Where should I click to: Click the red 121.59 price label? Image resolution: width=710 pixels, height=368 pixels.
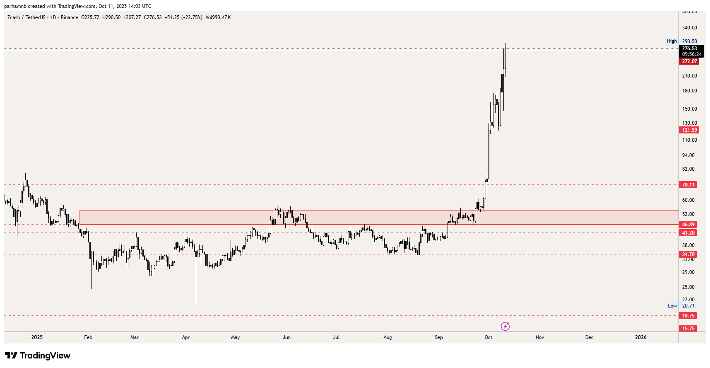(x=689, y=130)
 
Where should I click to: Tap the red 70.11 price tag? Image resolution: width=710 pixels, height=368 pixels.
(x=688, y=185)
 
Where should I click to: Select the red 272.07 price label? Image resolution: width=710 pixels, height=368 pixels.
(x=689, y=61)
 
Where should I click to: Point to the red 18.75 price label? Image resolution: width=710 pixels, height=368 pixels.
(x=688, y=316)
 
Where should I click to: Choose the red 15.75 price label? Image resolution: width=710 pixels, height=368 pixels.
(x=688, y=329)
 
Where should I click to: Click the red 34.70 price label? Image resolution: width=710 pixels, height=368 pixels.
(x=688, y=254)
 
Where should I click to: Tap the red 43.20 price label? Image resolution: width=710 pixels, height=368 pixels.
(x=688, y=233)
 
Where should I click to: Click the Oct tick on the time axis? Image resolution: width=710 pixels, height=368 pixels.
(x=489, y=337)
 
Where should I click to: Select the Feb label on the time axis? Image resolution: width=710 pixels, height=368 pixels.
(x=88, y=337)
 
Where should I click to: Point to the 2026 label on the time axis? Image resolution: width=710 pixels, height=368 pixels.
(x=640, y=337)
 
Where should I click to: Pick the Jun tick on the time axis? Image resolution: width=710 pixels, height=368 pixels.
(x=286, y=337)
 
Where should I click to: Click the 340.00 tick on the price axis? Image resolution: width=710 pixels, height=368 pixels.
(x=689, y=28)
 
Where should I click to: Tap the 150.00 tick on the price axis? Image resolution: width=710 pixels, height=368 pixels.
(x=689, y=109)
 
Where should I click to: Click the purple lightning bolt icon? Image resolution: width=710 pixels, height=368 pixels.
(x=505, y=327)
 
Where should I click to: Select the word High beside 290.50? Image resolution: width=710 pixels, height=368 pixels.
(x=671, y=41)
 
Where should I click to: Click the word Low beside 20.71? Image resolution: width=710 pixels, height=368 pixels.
(x=672, y=306)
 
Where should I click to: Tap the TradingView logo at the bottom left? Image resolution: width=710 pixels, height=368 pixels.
(x=38, y=356)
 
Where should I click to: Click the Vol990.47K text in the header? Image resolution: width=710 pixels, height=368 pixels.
(x=218, y=17)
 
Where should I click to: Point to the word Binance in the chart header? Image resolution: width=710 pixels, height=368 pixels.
(x=69, y=17)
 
